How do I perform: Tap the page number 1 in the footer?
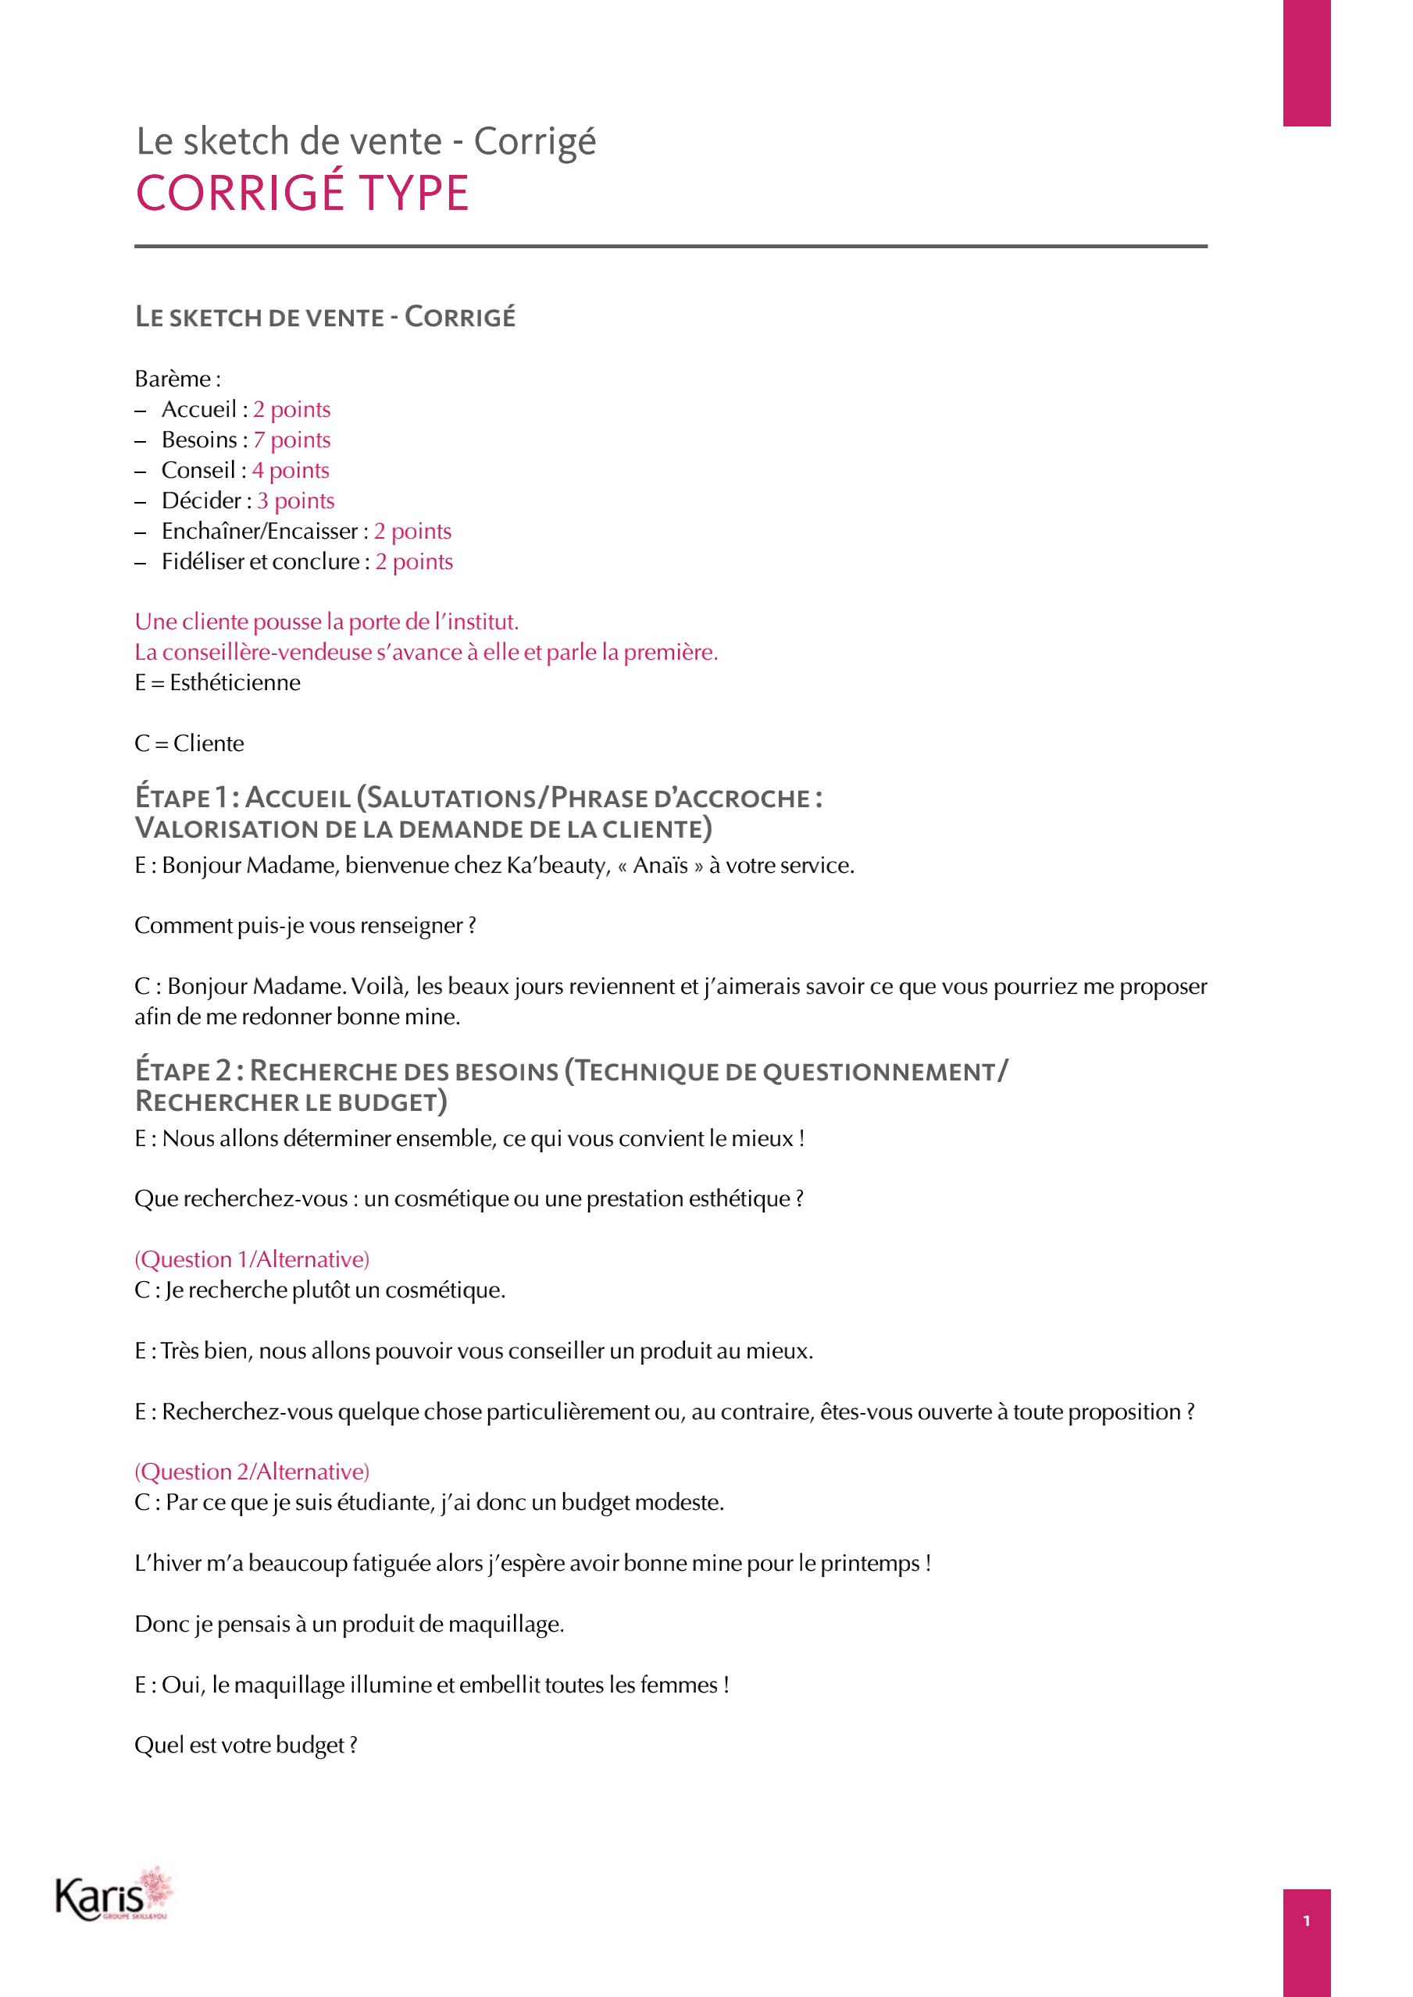(x=1306, y=1920)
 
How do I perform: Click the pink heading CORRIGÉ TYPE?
(x=302, y=193)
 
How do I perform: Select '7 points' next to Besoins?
(x=291, y=440)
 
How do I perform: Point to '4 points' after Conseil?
(x=291, y=471)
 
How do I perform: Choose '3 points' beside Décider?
(x=296, y=501)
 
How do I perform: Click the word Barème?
(x=173, y=379)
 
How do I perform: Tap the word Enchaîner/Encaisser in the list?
(x=259, y=532)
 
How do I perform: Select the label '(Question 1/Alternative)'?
(x=252, y=1259)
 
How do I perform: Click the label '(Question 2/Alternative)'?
(x=252, y=1472)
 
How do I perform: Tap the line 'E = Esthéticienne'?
(x=217, y=683)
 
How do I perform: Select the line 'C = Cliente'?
(x=189, y=744)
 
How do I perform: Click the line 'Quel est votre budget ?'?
(x=245, y=1746)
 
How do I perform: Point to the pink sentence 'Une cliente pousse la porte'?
(x=326, y=622)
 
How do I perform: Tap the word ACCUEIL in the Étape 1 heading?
(x=298, y=798)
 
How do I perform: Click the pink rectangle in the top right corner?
(x=1306, y=62)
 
